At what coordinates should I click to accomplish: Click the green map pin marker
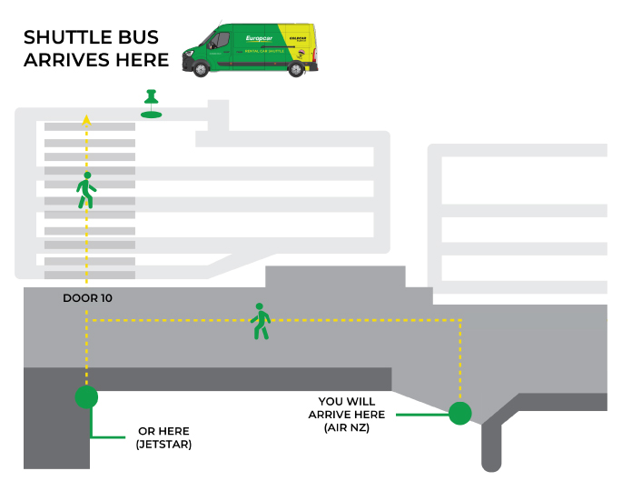point(152,103)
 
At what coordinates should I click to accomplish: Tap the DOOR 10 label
point(88,298)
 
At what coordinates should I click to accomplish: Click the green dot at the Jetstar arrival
point(86,396)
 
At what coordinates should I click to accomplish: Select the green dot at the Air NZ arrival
point(460,414)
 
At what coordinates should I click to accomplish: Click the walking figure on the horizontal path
point(261,321)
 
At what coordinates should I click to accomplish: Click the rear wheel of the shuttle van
point(296,68)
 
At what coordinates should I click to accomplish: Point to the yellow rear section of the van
point(301,42)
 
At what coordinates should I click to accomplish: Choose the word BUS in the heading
point(138,38)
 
